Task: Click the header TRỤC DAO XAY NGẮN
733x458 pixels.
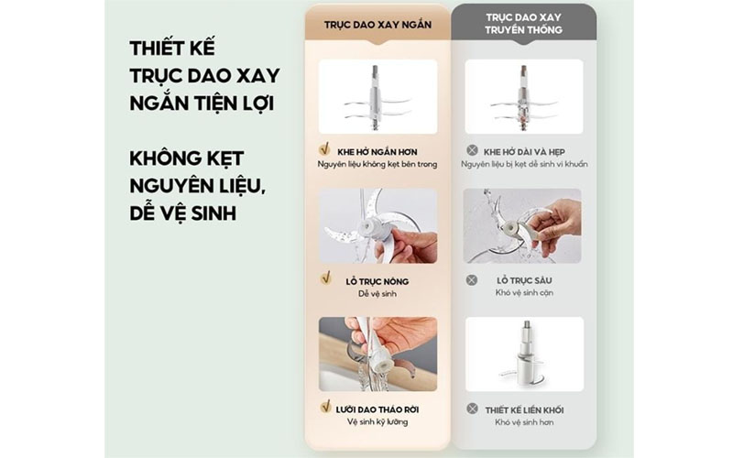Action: (x=377, y=24)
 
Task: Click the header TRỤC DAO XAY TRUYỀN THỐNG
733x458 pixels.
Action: (x=524, y=24)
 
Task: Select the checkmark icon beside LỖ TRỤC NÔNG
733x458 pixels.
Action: (x=324, y=277)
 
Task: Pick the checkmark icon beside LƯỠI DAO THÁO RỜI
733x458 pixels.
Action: (x=323, y=406)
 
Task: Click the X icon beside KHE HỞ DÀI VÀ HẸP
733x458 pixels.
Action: (x=471, y=149)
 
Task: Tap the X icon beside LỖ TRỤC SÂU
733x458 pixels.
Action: (x=471, y=279)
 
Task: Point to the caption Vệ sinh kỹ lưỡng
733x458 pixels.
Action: (x=377, y=421)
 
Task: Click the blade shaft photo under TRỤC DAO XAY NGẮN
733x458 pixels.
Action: (x=377, y=97)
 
